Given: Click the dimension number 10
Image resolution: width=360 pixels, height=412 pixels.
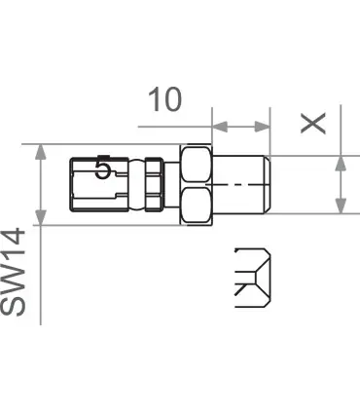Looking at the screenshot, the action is (x=164, y=99).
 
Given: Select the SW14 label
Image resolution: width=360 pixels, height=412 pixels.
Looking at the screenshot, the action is (x=13, y=272).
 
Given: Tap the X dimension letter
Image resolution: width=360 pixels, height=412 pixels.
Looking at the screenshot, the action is (x=312, y=123).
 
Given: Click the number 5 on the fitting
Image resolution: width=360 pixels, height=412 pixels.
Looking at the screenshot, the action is (x=103, y=167).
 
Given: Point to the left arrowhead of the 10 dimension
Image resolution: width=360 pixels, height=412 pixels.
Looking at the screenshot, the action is (x=220, y=127).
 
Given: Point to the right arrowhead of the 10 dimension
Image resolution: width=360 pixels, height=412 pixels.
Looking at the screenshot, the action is (x=262, y=127).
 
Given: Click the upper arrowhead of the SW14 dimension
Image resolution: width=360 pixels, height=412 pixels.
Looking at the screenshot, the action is (x=40, y=152).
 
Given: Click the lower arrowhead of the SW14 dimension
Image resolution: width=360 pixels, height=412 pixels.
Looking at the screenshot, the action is (x=40, y=217).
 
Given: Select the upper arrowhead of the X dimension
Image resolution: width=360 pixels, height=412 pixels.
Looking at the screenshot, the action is (x=341, y=164).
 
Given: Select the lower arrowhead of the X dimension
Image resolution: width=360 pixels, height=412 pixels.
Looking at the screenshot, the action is (x=341, y=206).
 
